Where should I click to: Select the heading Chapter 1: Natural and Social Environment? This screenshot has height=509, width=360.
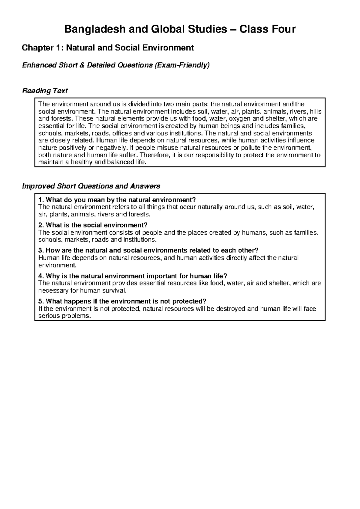click(x=108, y=48)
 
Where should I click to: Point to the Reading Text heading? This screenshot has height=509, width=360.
click(x=45, y=91)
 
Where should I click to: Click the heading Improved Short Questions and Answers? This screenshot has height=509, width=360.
click(x=91, y=186)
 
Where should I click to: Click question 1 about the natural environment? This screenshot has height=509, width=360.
click(x=117, y=200)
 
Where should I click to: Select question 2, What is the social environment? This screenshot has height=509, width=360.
click(x=93, y=225)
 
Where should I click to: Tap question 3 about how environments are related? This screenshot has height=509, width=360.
click(x=148, y=251)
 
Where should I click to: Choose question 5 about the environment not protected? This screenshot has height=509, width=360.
click(x=122, y=301)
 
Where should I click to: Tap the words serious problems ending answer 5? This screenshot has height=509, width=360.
click(x=64, y=316)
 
